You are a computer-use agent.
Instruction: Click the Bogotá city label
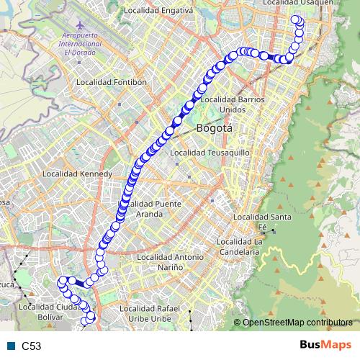(215, 129)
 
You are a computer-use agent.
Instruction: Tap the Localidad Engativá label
(158, 11)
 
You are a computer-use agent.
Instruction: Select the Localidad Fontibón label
(112, 82)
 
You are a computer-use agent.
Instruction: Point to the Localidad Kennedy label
(78, 174)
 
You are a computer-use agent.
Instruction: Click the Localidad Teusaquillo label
(210, 153)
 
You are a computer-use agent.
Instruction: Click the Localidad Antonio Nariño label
(170, 261)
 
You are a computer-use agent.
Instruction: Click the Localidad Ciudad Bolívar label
(48, 312)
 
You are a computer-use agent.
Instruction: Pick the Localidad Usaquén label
(298, 4)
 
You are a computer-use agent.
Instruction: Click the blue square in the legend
(9, 346)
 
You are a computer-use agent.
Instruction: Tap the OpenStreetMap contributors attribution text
(297, 323)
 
